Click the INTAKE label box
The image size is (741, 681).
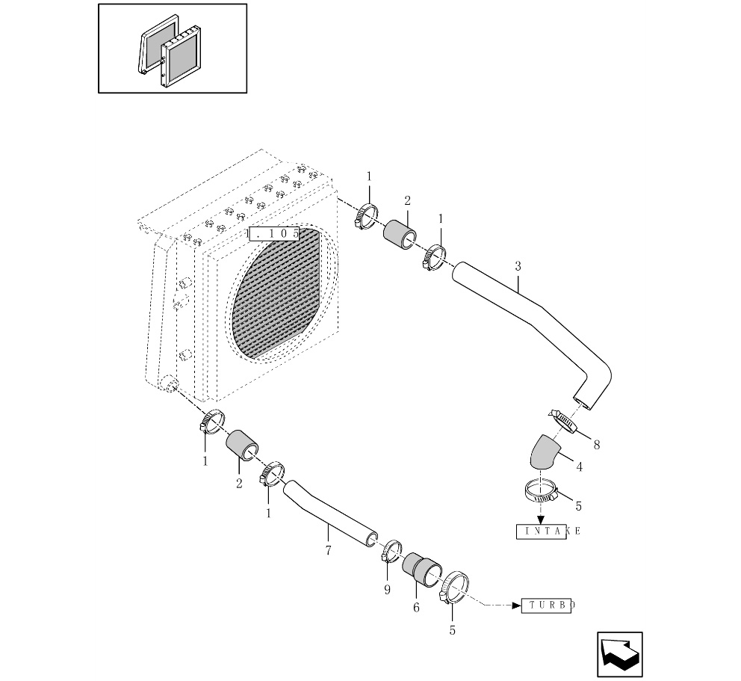point(541,531)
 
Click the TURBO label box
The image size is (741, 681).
point(546,605)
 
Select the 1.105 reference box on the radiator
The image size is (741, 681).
point(274,234)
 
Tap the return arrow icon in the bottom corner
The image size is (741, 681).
point(619,654)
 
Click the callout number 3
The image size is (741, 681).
point(518,266)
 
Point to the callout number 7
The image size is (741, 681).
point(329,550)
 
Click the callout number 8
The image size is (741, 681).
point(597,445)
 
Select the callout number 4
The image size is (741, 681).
point(580,467)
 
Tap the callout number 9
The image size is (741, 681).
point(388,591)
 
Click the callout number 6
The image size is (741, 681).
point(416,608)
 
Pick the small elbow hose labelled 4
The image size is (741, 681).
point(544,452)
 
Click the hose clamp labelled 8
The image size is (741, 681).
point(563,421)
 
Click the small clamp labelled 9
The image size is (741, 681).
point(391,551)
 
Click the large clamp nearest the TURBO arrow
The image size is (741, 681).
point(453,588)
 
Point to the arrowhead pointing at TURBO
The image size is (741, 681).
point(516,605)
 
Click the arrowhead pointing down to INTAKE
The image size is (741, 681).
point(541,520)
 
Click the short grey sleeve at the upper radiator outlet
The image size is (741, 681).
point(400,235)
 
